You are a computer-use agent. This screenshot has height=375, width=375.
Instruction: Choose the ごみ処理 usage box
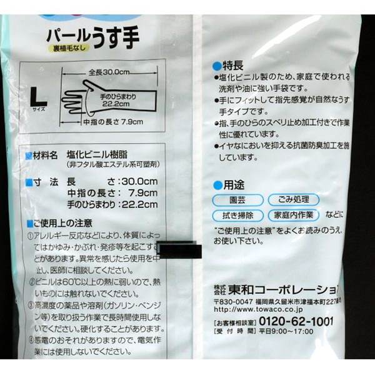[293, 200]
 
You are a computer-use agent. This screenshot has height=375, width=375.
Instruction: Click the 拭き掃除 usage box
[237, 215]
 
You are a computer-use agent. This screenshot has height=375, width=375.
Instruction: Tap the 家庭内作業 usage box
[293, 215]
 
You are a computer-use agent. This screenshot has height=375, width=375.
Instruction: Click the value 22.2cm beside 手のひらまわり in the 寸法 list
[139, 204]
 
